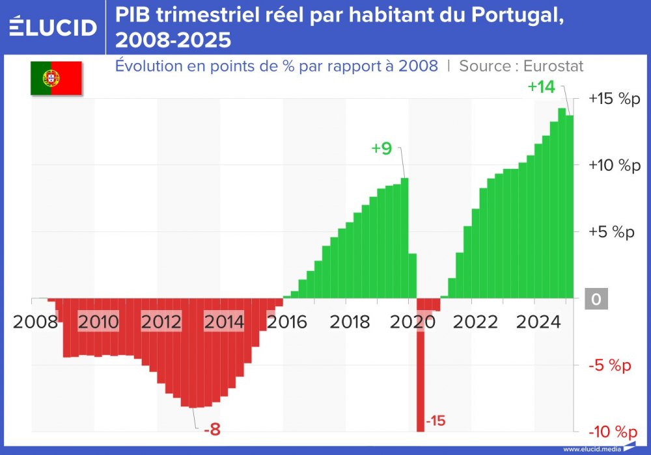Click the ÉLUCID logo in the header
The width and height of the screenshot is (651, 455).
53,27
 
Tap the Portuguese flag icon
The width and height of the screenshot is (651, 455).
56,78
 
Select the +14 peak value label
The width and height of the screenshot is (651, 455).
541,86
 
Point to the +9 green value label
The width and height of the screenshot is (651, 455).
381,148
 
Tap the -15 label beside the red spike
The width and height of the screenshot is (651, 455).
436,421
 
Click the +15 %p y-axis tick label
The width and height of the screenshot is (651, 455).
615,99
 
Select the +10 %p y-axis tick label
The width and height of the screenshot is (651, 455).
615,165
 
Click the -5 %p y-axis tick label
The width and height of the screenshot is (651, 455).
610,365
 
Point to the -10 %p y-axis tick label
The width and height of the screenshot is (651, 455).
613,432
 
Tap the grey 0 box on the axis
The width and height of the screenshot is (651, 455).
596,300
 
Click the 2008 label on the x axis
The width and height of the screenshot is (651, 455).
34,322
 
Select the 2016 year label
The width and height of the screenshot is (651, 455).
286,322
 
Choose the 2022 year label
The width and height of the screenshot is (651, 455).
477,322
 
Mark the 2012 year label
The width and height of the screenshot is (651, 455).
161,322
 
